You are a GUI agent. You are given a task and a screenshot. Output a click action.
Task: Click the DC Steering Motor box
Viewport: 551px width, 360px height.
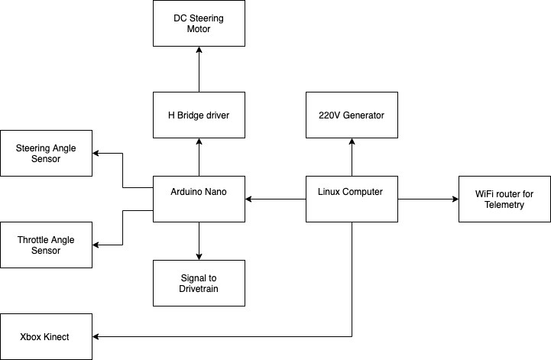pyautogui.click(x=199, y=23)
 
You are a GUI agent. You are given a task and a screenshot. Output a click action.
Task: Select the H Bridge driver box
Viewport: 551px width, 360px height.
pyautogui.click(x=199, y=115)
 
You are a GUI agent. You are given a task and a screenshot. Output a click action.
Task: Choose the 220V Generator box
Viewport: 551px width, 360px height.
pyautogui.click(x=352, y=115)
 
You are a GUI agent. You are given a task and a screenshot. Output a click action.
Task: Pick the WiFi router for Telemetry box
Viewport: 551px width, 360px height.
pyautogui.click(x=504, y=199)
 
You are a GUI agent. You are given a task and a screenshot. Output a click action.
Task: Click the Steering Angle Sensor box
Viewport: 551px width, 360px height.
pyautogui.click(x=46, y=153)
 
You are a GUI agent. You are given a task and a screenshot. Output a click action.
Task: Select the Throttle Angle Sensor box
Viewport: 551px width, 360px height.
pyautogui.click(x=46, y=245)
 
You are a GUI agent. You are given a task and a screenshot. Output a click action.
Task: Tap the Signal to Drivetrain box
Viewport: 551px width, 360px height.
pyautogui.click(x=199, y=283)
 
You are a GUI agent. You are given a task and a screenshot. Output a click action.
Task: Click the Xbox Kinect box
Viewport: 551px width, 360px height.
pyautogui.click(x=46, y=336)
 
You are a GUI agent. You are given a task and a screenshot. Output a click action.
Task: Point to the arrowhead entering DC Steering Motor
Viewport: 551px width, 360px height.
pyautogui.click(x=199, y=50)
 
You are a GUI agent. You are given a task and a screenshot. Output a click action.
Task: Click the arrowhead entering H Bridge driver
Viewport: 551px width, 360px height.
pyautogui.click(x=199, y=142)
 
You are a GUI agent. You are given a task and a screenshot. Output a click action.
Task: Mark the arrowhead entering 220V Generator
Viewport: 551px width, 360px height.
pyautogui.click(x=352, y=142)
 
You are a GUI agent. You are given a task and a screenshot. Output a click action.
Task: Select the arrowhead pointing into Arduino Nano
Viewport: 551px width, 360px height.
pyautogui.click(x=249, y=199)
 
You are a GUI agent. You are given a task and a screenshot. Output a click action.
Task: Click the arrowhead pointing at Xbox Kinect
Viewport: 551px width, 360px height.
pyautogui.click(x=96, y=336)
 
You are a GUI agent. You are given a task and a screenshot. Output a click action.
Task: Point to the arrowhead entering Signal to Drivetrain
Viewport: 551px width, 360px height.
pyautogui.click(x=199, y=256)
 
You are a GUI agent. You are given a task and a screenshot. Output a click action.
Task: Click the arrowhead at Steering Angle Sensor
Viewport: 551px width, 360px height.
pyautogui.click(x=96, y=153)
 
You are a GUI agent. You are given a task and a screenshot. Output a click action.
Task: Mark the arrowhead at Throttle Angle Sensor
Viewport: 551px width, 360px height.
pyautogui.click(x=96, y=245)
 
